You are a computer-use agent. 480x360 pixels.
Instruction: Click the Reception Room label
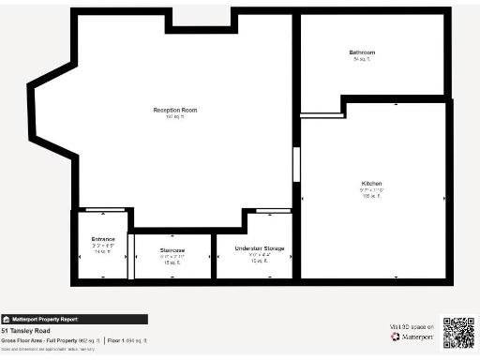pyautogui.click(x=175, y=110)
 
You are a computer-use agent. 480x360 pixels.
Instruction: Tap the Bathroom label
pyautogui.click(x=363, y=52)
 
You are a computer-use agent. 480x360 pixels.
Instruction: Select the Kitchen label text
pyautogui.click(x=372, y=183)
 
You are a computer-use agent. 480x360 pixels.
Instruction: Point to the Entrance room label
pyautogui.click(x=103, y=239)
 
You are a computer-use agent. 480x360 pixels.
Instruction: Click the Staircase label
pyautogui.click(x=172, y=250)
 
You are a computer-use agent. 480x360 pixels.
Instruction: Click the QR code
pyautogui.click(x=458, y=332)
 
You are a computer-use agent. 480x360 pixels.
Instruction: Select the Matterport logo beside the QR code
pyautogui.click(x=409, y=337)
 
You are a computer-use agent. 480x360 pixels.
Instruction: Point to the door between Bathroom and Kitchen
pyautogui.click(x=322, y=114)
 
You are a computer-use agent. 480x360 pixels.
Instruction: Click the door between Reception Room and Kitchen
pyautogui.click(x=296, y=164)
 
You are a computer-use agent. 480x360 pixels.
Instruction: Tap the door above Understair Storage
pyautogui.click(x=273, y=210)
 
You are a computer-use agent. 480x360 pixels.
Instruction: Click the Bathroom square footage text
pyautogui.click(x=363, y=59)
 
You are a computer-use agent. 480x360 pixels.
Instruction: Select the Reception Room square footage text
pyautogui.click(x=175, y=117)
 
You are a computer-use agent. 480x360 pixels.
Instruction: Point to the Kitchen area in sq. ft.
pyautogui.click(x=372, y=196)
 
